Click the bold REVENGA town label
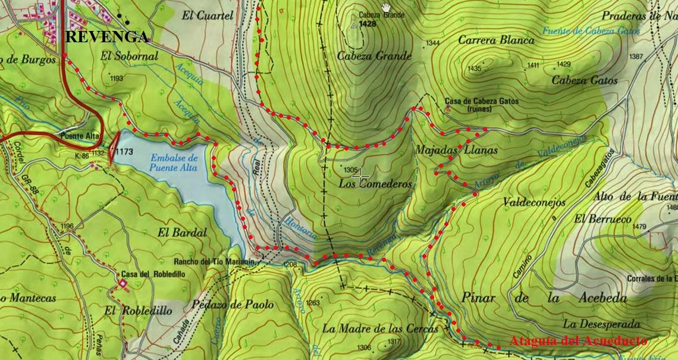[x=106, y=37]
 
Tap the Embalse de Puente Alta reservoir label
[x=174, y=163]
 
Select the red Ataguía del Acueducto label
[x=578, y=341]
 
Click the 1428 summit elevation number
[x=368, y=24]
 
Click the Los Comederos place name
[x=375, y=184]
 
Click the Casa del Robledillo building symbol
[x=123, y=284]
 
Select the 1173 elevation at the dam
[x=124, y=151]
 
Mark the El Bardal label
[x=183, y=232]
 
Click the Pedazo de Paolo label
[x=234, y=305]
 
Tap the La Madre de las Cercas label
[x=380, y=328]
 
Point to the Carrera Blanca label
[x=496, y=40]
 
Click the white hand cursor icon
[x=387, y=7]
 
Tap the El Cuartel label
[x=208, y=16]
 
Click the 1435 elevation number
[x=474, y=68]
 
